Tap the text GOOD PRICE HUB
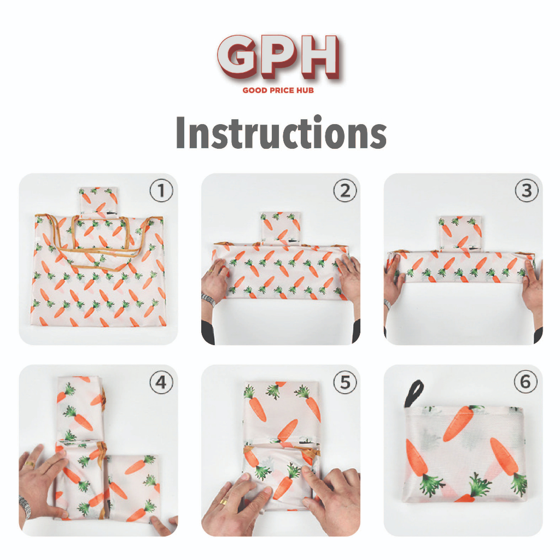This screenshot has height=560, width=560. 278,90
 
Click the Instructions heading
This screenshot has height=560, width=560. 281,132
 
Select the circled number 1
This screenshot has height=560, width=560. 161,191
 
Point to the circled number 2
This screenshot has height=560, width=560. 345,191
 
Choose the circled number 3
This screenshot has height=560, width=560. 527,191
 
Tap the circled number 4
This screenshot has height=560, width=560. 161,382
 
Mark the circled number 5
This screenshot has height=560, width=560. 345,382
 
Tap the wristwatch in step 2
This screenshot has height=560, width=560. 208,299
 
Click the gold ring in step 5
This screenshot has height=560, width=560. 224,502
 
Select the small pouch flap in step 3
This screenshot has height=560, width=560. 460,234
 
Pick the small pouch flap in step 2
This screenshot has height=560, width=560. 281,229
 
